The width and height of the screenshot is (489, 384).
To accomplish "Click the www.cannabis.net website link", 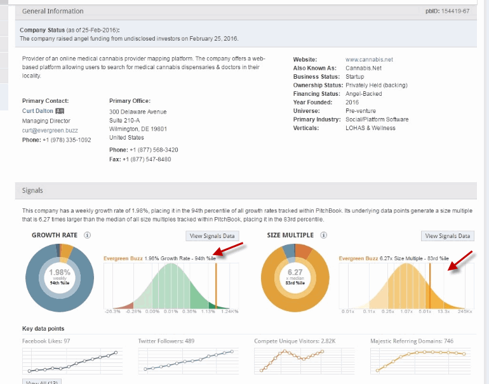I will click(369, 60).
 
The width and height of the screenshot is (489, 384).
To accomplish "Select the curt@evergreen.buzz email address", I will click(49, 130).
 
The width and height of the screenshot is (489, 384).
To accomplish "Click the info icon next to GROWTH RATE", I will click(87, 235).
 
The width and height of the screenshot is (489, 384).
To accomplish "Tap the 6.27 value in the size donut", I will click(295, 272).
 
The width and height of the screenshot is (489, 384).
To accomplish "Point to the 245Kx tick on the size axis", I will click(465, 312).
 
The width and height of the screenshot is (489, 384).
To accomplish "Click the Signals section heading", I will click(33, 190).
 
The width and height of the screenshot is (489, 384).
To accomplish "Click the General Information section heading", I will click(53, 11).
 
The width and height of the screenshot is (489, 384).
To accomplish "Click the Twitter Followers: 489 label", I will click(166, 341).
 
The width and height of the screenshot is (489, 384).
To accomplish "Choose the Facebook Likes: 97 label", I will click(46, 341).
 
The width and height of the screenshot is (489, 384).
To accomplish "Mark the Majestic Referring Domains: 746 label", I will click(412, 341).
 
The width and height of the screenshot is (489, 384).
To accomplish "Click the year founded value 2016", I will click(352, 102).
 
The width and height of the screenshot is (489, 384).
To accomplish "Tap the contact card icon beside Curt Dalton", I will click(60, 111).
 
